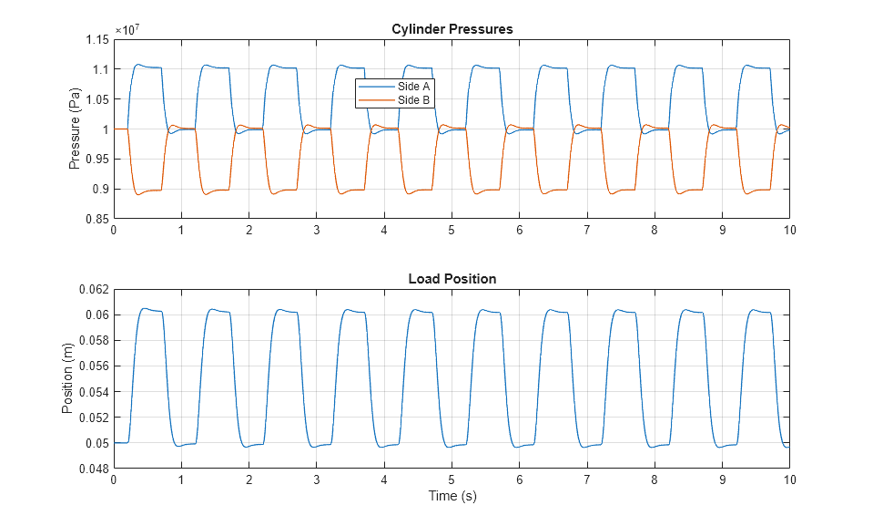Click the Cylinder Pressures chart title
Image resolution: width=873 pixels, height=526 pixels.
[452, 29]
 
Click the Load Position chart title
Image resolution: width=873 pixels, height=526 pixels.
[452, 279]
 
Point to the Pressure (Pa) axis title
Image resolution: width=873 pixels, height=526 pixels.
[76, 129]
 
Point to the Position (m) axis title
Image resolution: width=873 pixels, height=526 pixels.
[66, 378]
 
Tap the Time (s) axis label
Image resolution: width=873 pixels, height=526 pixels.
[452, 497]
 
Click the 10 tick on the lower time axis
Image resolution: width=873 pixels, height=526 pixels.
[788, 480]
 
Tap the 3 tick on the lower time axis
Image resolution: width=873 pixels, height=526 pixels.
[316, 480]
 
